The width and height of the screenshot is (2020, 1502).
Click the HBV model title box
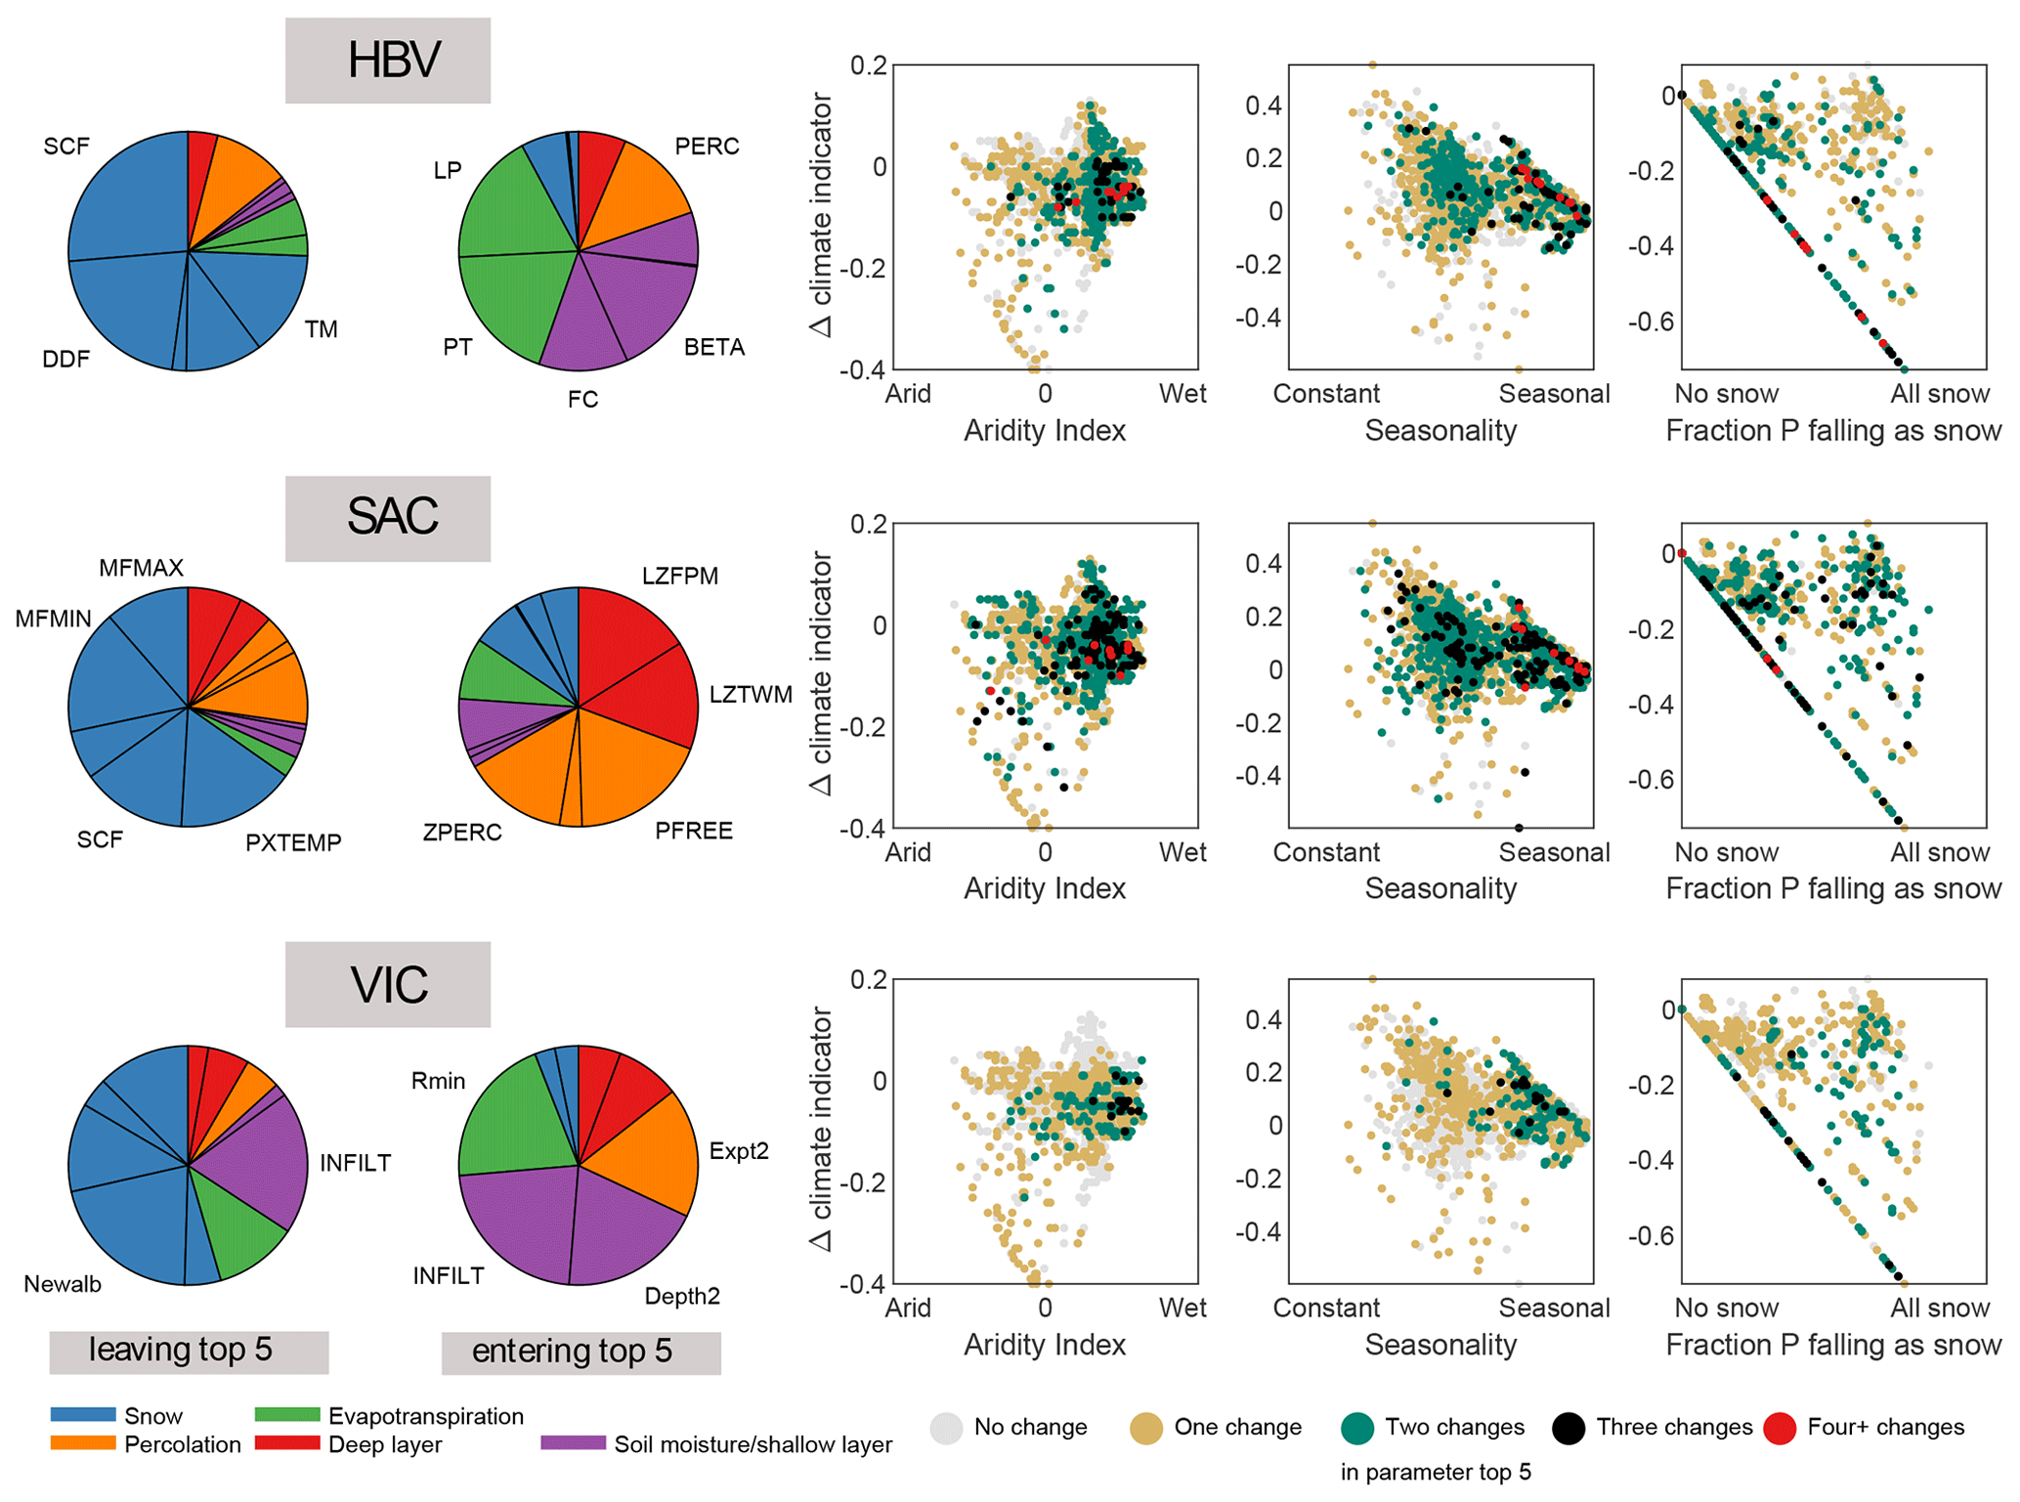pyautogui.click(x=388, y=60)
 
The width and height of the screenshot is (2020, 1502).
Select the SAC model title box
pyautogui.click(x=388, y=518)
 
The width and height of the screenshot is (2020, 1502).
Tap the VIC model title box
pyautogui.click(x=388, y=984)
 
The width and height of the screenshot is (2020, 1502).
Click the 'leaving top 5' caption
pyautogui.click(x=189, y=1352)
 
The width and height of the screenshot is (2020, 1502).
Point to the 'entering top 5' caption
pyautogui.click(x=580, y=1352)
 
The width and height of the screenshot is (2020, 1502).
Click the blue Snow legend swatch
pyautogui.click(x=83, y=1414)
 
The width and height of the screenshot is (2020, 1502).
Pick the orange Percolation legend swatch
pyautogui.click(x=83, y=1442)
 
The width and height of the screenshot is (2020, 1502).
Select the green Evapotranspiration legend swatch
pyautogui.click(x=287, y=1414)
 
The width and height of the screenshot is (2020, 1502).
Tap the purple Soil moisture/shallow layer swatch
pyautogui.click(x=573, y=1442)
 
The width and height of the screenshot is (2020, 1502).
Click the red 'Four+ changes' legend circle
pyautogui.click(x=1781, y=1428)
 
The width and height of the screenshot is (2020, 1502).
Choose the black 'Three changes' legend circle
pyautogui.click(x=1569, y=1428)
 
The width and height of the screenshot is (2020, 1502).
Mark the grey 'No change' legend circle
pyautogui.click(x=946, y=1428)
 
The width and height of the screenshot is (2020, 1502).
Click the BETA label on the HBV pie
pyautogui.click(x=714, y=347)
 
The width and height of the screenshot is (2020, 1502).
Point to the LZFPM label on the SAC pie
pyautogui.click(x=680, y=576)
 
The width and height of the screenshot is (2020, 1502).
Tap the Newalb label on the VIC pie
pyautogui.click(x=63, y=1284)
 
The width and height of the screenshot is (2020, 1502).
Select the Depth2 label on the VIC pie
pyautogui.click(x=682, y=1296)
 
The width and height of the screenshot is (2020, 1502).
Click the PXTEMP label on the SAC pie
pyautogui.click(x=293, y=842)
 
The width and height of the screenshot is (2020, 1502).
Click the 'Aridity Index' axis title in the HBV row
pyautogui.click(x=1045, y=430)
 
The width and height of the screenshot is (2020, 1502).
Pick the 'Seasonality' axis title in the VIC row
pyautogui.click(x=1440, y=1345)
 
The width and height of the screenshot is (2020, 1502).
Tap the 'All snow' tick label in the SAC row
pyautogui.click(x=1939, y=852)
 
